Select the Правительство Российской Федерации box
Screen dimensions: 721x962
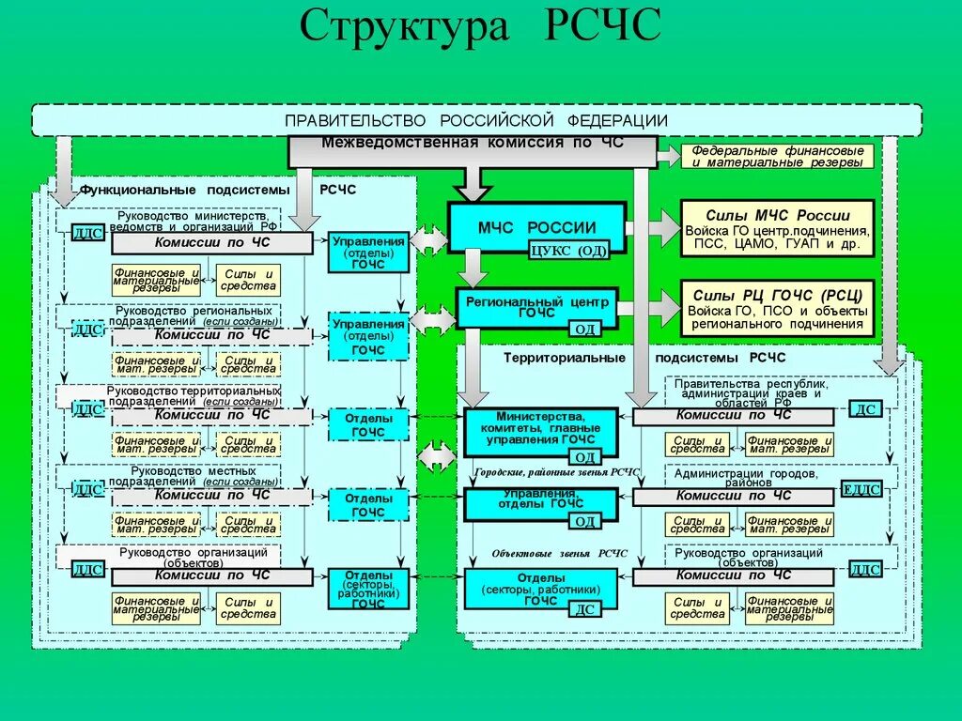pos(476,120)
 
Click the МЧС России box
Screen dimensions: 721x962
pos(536,227)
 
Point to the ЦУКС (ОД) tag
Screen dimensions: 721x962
pos(569,250)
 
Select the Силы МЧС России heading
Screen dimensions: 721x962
pos(777,215)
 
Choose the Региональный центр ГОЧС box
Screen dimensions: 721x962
pos(536,307)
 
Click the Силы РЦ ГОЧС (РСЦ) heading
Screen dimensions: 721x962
pos(777,294)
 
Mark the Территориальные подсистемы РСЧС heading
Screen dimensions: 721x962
pos(644,358)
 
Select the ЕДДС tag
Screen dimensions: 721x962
pos(861,488)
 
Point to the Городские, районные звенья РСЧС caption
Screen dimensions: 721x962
pos(557,472)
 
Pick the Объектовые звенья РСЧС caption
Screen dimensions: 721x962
pos(559,553)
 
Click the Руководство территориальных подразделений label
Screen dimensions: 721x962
pos(193,394)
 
